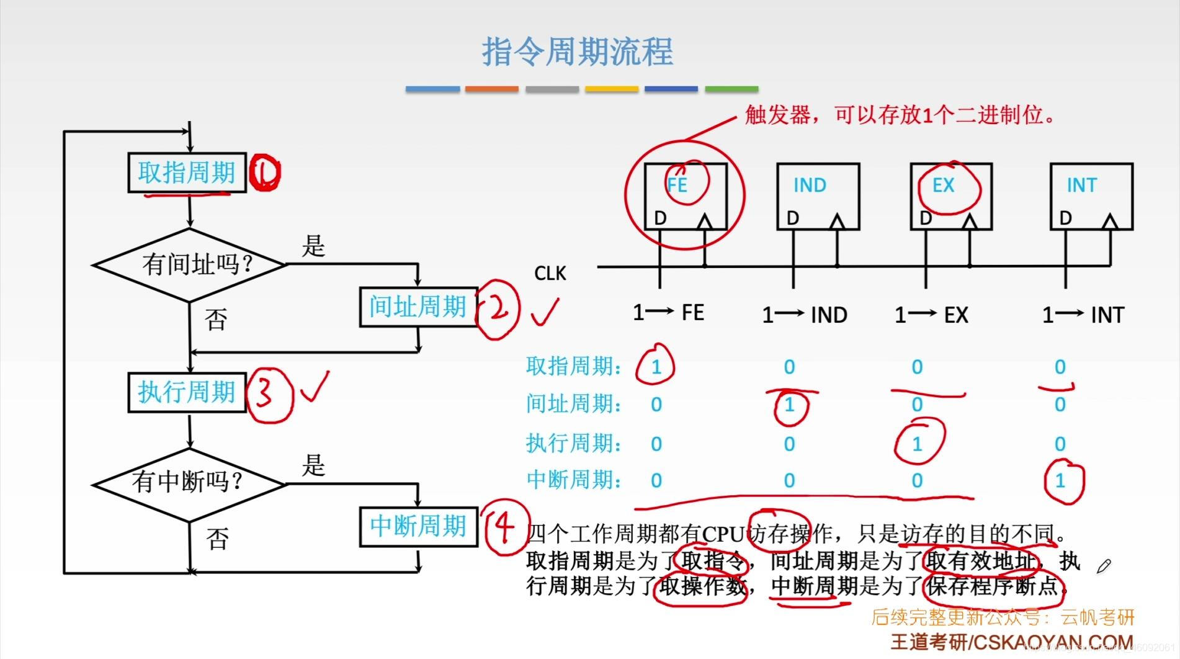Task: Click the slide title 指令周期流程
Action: coord(578,52)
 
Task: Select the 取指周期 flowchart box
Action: coord(187,173)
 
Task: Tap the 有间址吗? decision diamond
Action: coord(190,265)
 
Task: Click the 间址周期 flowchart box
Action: coord(418,307)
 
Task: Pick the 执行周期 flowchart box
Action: coord(187,392)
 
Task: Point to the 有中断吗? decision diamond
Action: coord(189,482)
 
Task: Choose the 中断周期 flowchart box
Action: coord(418,526)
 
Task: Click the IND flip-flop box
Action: coord(818,196)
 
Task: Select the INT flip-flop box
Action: coord(1091,196)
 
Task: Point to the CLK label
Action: coord(550,274)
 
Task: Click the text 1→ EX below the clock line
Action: coord(931,315)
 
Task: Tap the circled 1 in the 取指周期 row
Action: coord(656,367)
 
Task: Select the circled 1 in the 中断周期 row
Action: coord(1060,480)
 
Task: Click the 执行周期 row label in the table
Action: coord(573,443)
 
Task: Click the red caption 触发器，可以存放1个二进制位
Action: coord(899,115)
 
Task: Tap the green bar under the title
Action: coord(731,89)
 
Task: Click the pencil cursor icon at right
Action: coord(1104,566)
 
